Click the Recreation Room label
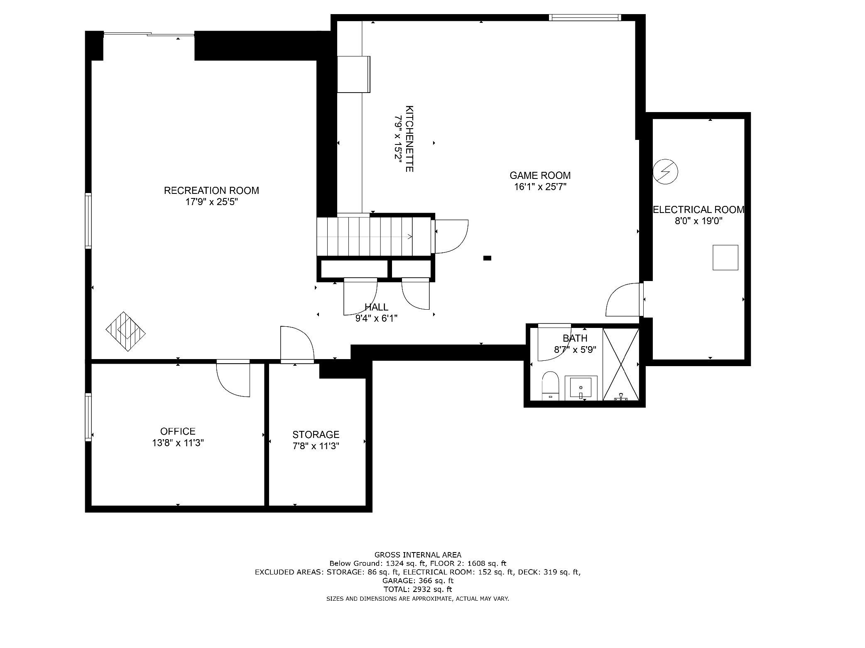pyautogui.click(x=211, y=191)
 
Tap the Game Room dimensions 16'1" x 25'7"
pyautogui.click(x=540, y=187)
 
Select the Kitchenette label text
pyautogui.click(x=409, y=139)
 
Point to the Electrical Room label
pyautogui.click(x=698, y=210)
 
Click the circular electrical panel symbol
pyautogui.click(x=665, y=171)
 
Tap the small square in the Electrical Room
pyautogui.click(x=725, y=258)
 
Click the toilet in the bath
pyautogui.click(x=551, y=386)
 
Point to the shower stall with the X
pyautogui.click(x=621, y=364)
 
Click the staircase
pyautogui.click(x=375, y=236)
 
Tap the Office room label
pyautogui.click(x=178, y=431)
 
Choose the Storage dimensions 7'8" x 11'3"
pyautogui.click(x=316, y=446)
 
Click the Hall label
pyautogui.click(x=376, y=307)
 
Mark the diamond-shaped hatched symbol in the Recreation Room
pyautogui.click(x=126, y=332)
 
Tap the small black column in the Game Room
pyautogui.click(x=488, y=258)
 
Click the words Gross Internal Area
pyautogui.click(x=418, y=555)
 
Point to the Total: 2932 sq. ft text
pyautogui.click(x=418, y=589)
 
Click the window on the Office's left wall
pyautogui.click(x=88, y=417)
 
